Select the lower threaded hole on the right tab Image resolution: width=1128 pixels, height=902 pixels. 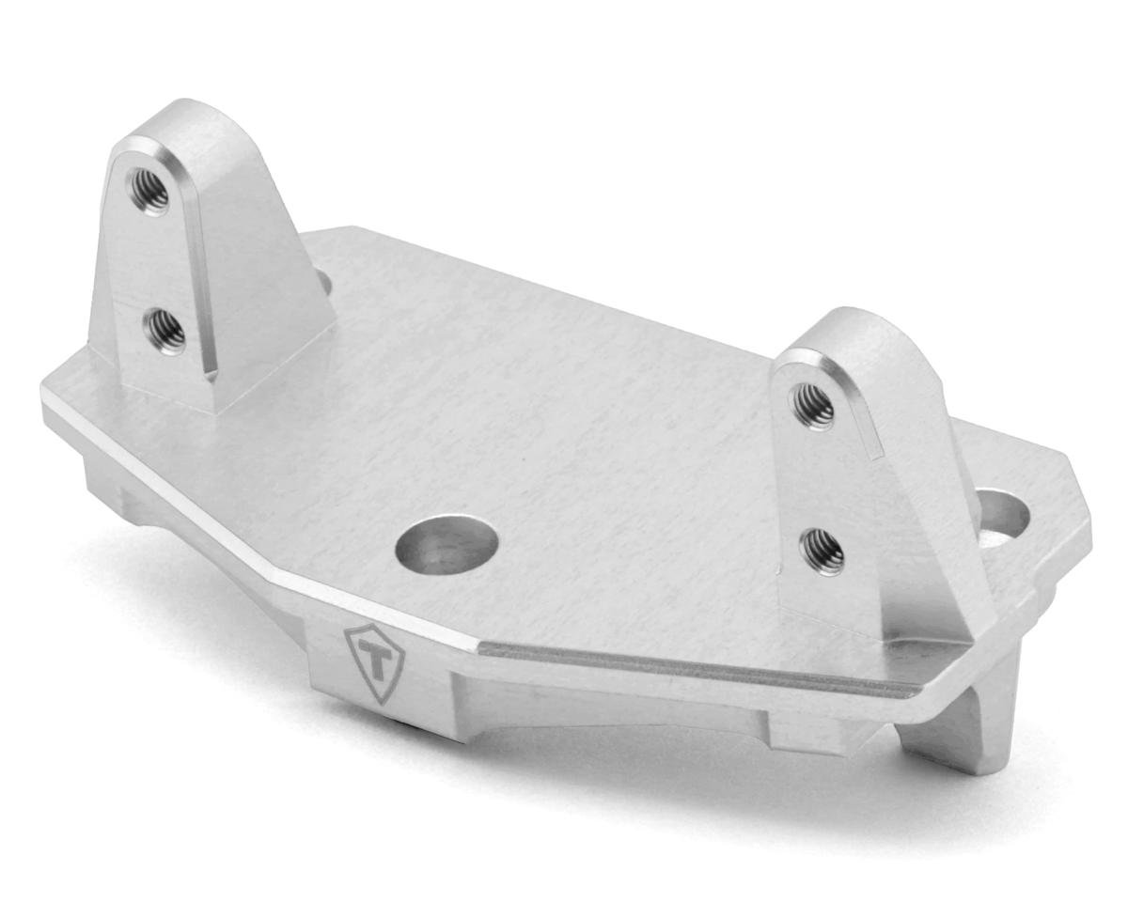click(x=821, y=551)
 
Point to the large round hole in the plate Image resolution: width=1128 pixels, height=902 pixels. click(x=446, y=544)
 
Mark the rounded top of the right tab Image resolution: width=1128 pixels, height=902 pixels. click(x=846, y=324)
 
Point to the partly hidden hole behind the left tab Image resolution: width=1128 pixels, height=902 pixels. click(x=323, y=280)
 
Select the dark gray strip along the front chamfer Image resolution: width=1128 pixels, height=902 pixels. click(x=696, y=669)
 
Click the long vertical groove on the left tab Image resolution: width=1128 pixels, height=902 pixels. click(x=200, y=282)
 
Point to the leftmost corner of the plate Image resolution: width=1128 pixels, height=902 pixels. click(x=43, y=393)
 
